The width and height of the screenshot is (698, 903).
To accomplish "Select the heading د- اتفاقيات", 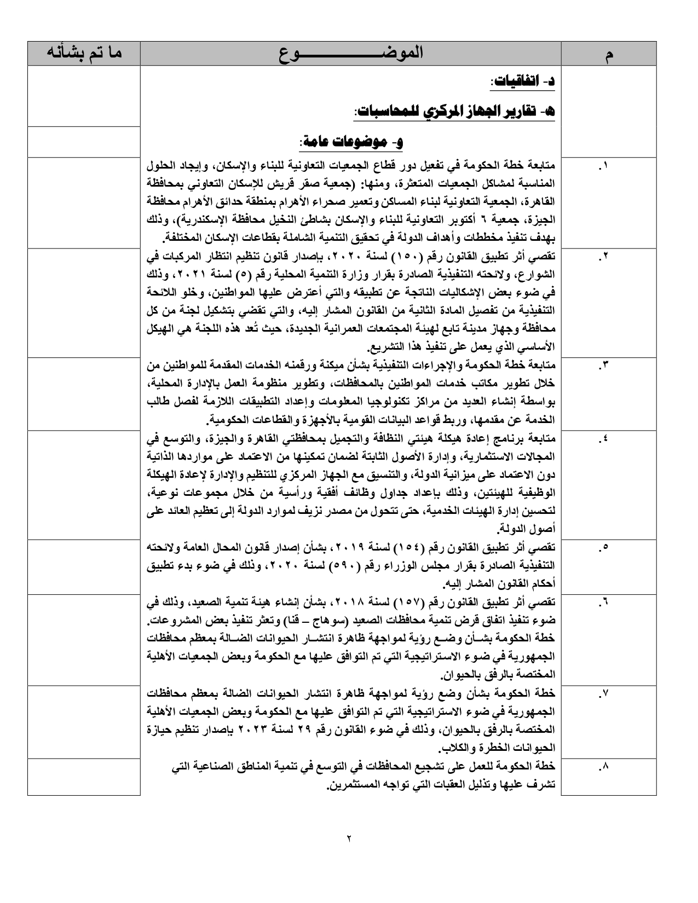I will click(x=523, y=82).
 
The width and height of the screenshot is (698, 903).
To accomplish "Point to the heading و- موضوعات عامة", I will click(x=351, y=142).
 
